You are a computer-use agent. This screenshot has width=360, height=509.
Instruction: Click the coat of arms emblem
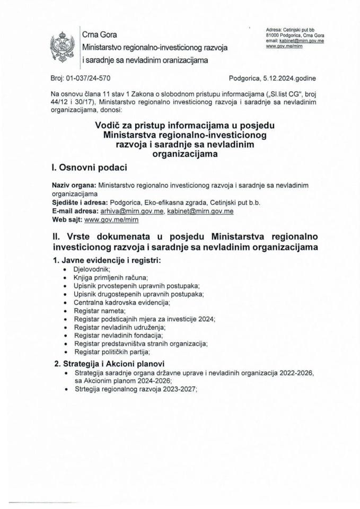point(62,47)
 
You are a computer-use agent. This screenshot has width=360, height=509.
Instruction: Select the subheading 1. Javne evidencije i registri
point(107,260)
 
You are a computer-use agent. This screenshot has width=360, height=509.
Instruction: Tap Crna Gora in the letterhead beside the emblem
point(99,34)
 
